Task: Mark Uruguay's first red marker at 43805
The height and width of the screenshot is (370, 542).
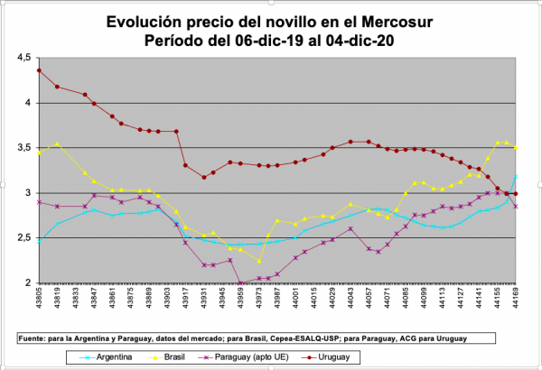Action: (39, 69)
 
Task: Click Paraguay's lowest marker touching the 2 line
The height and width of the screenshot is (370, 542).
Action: (240, 282)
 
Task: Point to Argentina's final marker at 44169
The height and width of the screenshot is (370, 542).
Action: (516, 176)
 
